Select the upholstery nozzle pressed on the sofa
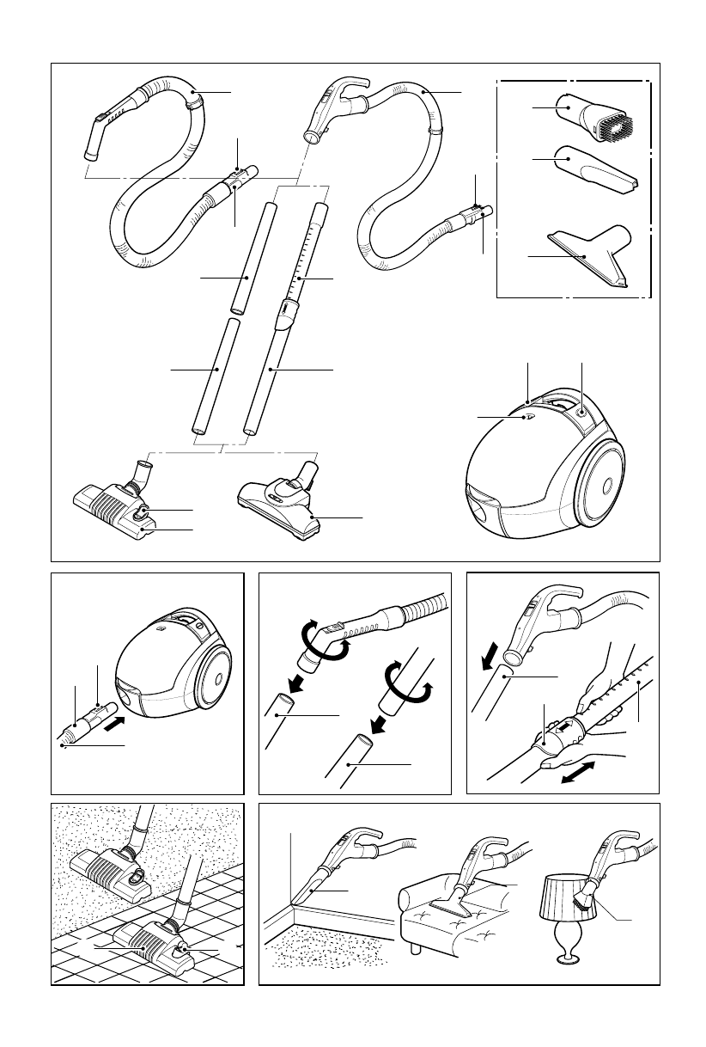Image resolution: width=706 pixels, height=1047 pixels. (x=455, y=903)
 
